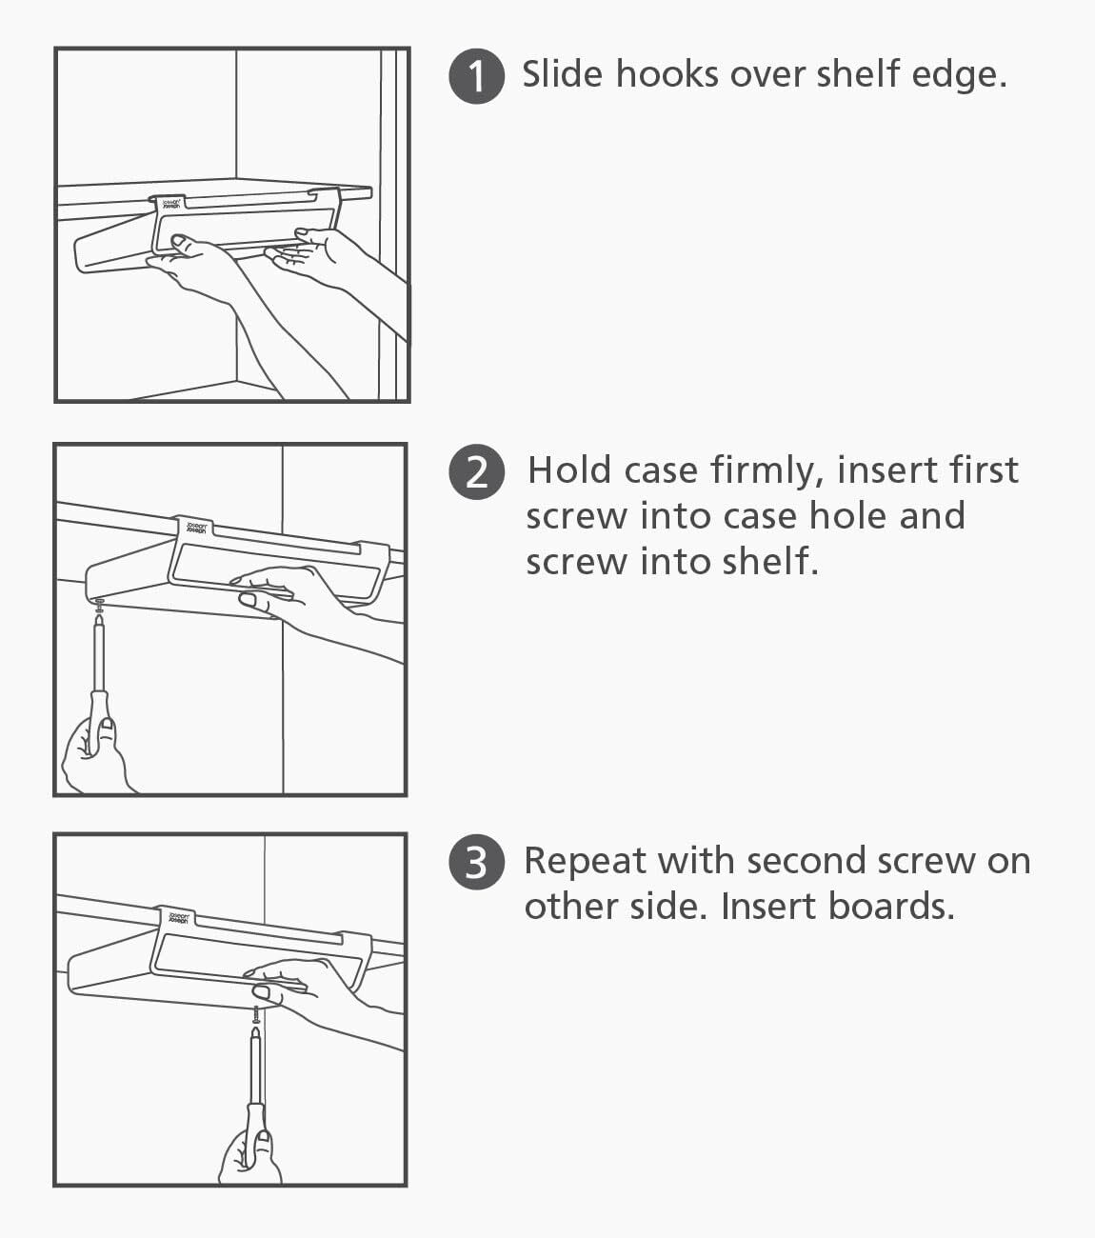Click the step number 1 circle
click(x=477, y=76)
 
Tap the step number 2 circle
click(x=477, y=471)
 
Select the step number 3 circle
click(x=477, y=862)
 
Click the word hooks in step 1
click(x=667, y=74)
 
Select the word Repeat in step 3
click(x=586, y=862)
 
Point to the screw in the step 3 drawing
click(x=256, y=1015)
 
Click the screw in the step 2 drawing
click(x=99, y=606)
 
